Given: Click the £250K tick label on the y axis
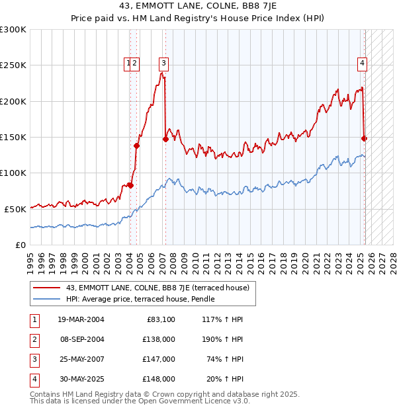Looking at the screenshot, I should point(13,65).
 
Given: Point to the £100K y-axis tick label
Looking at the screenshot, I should point(13,173).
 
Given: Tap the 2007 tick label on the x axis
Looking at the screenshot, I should point(163,258).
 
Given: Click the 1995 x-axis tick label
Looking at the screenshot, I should point(30,258).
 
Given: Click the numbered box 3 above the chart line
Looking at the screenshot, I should point(163,63).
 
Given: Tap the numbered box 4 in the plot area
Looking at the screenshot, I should point(363,63).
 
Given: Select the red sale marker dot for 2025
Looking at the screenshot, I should point(364,138).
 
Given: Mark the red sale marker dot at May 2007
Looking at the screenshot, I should point(165,139).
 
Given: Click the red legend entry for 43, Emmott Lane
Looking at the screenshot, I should point(157,288).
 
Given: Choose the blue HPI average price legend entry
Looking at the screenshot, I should point(145,299).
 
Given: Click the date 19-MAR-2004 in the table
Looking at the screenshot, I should point(81,319).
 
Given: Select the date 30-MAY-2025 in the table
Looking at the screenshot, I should point(81,379).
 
